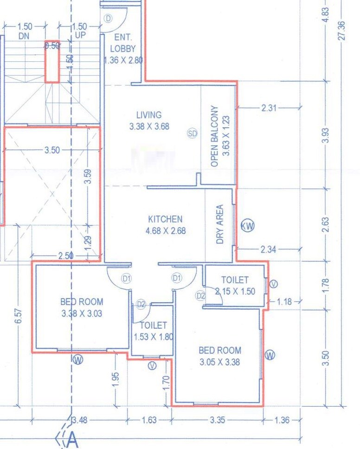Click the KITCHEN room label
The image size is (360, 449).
click(165, 219)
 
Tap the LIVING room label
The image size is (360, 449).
click(149, 115)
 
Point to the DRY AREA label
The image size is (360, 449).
click(220, 224)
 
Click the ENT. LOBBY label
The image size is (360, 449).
click(123, 43)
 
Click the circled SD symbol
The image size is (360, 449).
click(193, 133)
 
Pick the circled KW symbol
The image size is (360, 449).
click(248, 226)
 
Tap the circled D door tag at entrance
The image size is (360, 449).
click(109, 19)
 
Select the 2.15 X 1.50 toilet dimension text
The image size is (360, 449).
click(235, 291)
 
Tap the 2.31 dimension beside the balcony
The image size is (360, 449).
click(269, 108)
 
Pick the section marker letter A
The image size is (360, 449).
click(72, 439)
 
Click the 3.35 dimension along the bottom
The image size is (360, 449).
click(217, 420)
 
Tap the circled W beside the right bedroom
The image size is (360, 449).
click(270, 355)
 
